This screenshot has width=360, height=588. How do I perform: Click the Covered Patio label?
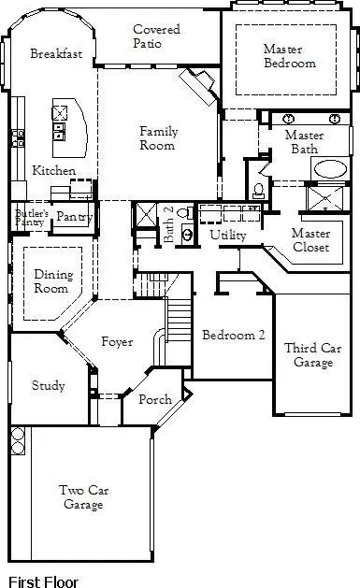coord(156,37)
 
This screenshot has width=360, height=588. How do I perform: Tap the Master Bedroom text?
coord(289,56)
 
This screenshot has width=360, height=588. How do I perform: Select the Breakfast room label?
coord(56,54)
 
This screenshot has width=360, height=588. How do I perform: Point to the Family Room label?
coord(158,138)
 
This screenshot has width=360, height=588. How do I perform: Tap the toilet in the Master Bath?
coord(258,189)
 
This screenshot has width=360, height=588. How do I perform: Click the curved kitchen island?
coord(75,126)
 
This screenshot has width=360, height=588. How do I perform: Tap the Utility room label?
coord(227,235)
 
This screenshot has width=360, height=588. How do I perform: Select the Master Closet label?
coord(310,239)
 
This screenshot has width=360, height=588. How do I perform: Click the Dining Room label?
coord(52,281)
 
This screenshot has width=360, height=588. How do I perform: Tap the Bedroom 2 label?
coord(228,335)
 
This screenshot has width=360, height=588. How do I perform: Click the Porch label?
coord(154,399)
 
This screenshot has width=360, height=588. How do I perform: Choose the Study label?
coord(48,385)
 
